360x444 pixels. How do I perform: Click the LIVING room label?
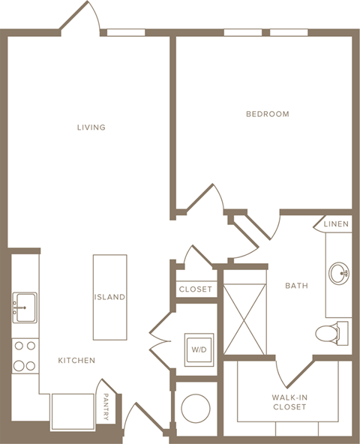91,127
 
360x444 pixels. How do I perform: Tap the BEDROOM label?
268,114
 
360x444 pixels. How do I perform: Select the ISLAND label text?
109,297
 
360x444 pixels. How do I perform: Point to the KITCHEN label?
76,361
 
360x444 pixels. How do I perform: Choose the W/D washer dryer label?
199,349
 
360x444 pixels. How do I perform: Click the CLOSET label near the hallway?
196,289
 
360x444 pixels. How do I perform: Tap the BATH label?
296,286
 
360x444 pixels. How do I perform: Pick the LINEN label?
335,224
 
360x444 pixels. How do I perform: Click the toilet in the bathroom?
331,331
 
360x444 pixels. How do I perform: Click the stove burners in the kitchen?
24,355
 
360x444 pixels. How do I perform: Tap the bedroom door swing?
206,199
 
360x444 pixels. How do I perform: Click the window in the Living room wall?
126,32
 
